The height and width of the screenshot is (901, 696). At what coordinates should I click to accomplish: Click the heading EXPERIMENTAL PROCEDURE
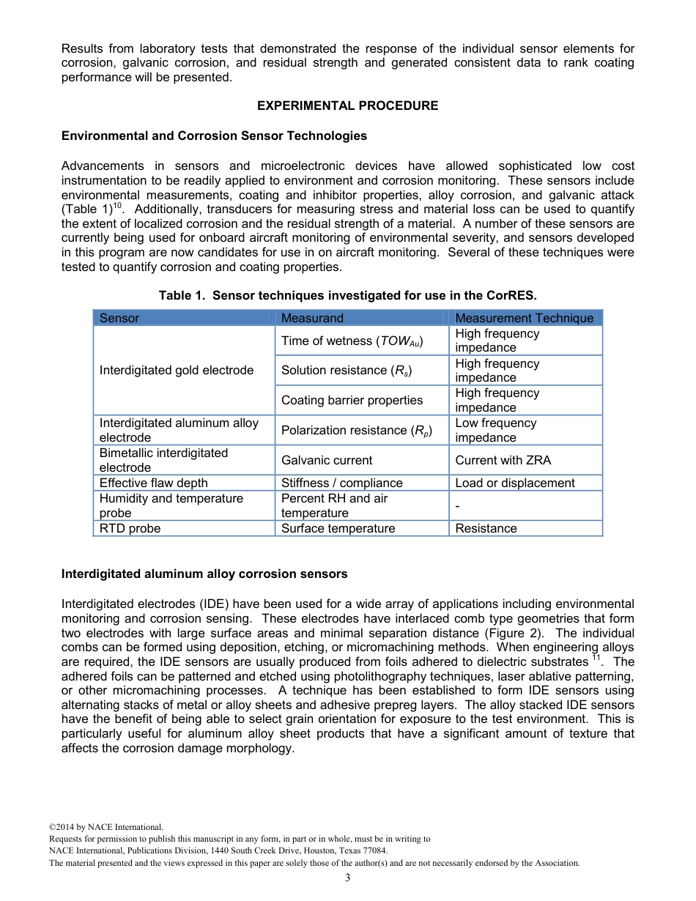pos(347,105)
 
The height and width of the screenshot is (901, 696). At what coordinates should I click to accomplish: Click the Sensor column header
pos(119,318)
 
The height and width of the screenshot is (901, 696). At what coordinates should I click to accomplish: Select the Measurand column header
pos(312,318)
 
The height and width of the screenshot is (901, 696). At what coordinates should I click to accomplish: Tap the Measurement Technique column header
pos(524,318)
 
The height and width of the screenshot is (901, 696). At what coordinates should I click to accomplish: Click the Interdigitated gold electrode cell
pos(177,370)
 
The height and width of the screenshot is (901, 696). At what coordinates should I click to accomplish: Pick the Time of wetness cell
pos(352,341)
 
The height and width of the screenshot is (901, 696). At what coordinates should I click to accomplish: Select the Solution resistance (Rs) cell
pos(347,371)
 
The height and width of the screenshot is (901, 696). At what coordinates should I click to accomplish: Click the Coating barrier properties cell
pos(352,400)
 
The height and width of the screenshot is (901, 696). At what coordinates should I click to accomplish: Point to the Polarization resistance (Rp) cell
pos(357,431)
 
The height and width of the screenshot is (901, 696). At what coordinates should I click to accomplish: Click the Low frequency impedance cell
pos(495,430)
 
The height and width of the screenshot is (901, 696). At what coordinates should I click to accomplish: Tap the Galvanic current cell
pos(327,460)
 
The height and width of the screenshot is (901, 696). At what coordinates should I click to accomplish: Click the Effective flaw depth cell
pos(153,483)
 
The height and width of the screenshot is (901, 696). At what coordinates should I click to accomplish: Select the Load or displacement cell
pos(515,483)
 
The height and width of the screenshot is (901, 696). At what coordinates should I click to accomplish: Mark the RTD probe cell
pos(130,528)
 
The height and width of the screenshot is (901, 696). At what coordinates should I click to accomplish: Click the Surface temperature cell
pos(338,528)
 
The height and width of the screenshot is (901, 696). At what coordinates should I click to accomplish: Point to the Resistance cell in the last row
pos(486,528)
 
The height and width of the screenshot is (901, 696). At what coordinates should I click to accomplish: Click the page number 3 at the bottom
pos(348,878)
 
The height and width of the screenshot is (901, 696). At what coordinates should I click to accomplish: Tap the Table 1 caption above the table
pos(348,296)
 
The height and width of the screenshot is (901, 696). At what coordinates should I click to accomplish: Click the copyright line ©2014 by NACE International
pos(101,827)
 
